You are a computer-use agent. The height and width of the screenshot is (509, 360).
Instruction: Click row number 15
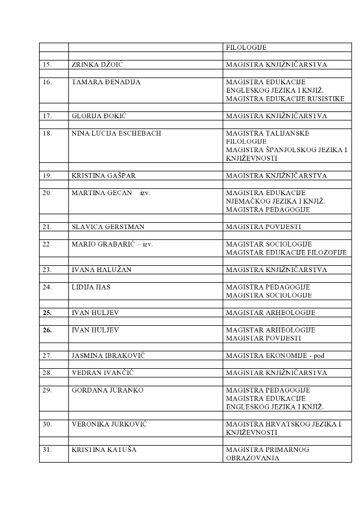pos(47,65)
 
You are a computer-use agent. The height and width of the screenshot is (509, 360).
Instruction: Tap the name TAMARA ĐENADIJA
pos(106,82)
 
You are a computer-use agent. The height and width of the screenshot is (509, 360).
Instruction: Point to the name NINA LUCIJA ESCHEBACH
pos(116,133)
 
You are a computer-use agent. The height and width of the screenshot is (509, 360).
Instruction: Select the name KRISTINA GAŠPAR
pos(104,176)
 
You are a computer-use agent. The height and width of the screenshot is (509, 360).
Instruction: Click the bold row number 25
pos(47,312)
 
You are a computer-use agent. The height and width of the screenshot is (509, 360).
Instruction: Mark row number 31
pos(47,450)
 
